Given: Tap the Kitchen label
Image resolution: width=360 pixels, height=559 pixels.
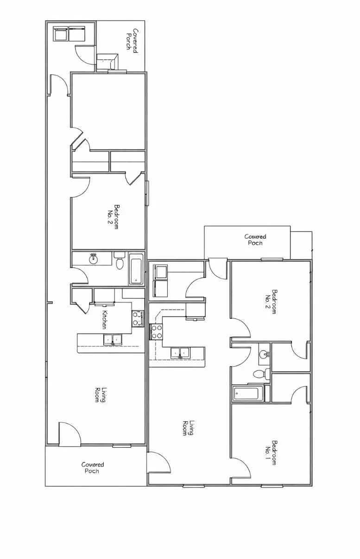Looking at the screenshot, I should (x=105, y=319).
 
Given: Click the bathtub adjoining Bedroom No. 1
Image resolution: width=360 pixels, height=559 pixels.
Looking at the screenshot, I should (x=248, y=394).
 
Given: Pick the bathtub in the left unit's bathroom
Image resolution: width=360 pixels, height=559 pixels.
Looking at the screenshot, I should (x=136, y=269).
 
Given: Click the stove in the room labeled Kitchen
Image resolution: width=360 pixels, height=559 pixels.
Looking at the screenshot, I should (x=138, y=318).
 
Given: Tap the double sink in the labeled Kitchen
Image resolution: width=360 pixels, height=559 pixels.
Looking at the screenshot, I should (x=113, y=340).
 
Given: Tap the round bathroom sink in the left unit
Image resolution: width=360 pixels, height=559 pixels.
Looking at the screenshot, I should (x=94, y=259).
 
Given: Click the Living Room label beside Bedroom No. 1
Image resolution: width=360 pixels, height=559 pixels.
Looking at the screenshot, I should (x=188, y=428).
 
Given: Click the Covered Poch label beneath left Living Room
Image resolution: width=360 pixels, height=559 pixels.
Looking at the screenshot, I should (x=93, y=468).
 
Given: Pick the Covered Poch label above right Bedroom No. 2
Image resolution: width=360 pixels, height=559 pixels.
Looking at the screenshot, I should (x=255, y=240).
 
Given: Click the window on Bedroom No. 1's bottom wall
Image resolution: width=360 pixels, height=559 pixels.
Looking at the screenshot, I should (x=271, y=485).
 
